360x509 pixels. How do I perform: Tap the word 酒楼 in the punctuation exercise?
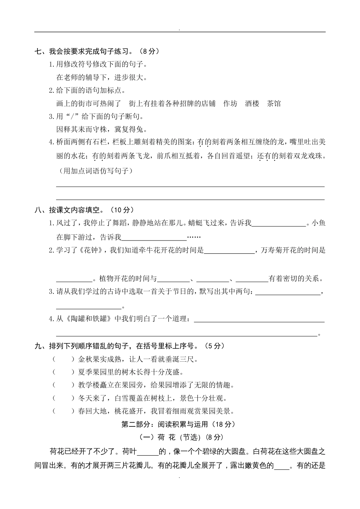pyautogui.click(x=252, y=103)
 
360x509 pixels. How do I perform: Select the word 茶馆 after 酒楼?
pyautogui.click(x=274, y=103)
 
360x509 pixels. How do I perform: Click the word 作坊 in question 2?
pyautogui.click(x=230, y=103)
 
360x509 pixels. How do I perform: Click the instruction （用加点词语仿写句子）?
pyautogui.click(x=96, y=171)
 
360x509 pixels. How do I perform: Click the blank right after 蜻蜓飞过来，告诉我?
pyautogui.click(x=279, y=223)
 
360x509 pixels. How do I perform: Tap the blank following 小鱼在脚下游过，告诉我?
pyautogui.click(x=154, y=237)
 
